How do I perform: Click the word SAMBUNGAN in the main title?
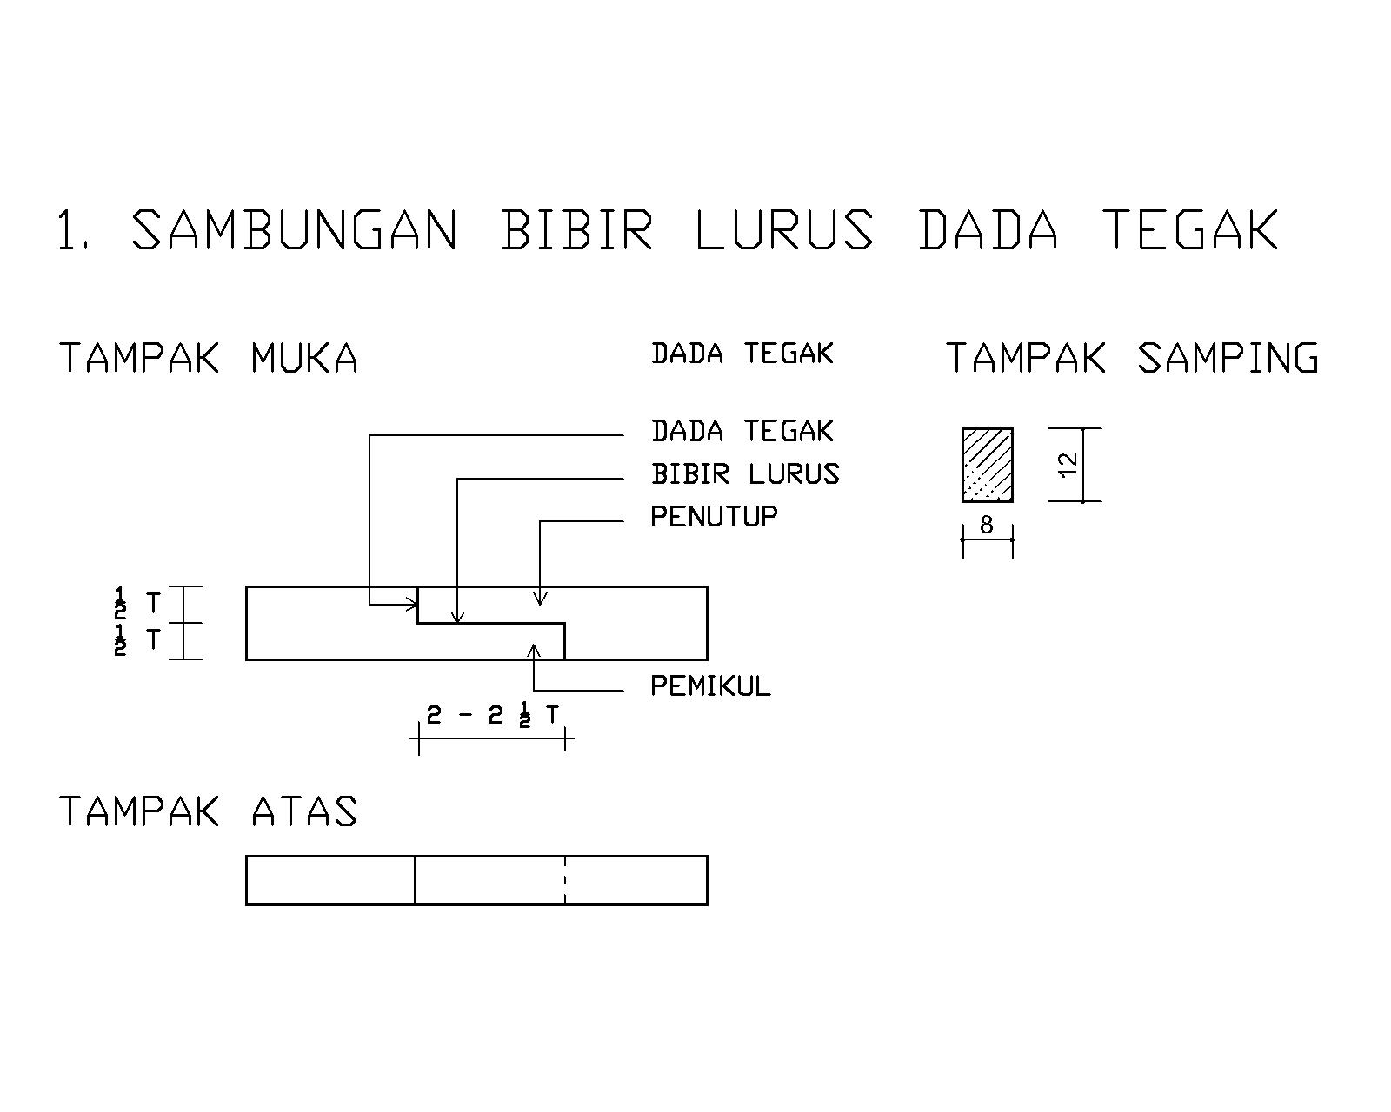[x=294, y=230]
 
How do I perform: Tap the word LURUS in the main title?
[x=784, y=230]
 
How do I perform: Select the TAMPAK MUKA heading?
[x=209, y=358]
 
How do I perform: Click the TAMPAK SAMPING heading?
[x=1132, y=358]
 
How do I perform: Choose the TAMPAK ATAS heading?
[x=209, y=811]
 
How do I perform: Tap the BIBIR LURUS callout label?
[x=745, y=474]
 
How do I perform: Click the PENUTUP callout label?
[x=714, y=516]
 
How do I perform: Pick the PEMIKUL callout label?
[x=710, y=686]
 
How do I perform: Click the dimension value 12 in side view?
[x=1068, y=464]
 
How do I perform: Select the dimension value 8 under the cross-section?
[x=986, y=525]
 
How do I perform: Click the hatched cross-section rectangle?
[x=987, y=465]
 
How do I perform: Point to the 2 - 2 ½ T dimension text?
[x=493, y=716]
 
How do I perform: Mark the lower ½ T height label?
[x=137, y=640]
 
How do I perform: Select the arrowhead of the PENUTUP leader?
[x=540, y=600]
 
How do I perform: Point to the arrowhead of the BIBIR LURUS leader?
[x=458, y=619]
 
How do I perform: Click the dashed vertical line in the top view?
[x=565, y=880]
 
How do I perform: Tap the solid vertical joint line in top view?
[x=415, y=880]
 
